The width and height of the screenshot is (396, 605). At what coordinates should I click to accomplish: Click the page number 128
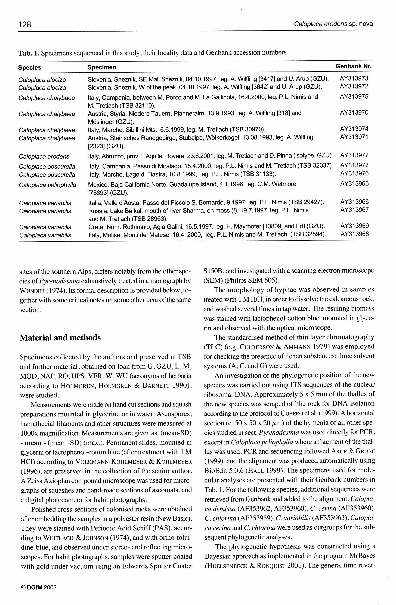click(25, 24)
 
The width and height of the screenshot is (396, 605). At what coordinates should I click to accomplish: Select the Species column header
click(29, 68)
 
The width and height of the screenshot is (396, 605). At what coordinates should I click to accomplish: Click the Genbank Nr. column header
click(353, 66)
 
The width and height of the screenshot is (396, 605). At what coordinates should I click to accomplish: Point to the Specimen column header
click(102, 67)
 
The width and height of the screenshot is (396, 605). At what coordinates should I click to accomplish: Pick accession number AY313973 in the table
click(354, 79)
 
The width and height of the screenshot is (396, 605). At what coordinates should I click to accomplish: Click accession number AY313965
click(354, 184)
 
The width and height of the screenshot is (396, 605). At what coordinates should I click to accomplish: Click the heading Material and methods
click(60, 338)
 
